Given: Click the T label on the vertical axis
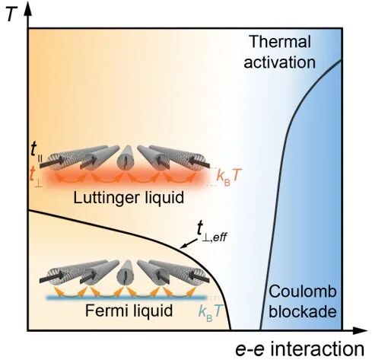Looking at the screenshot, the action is pos(12,14).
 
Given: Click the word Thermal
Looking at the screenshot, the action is pos(280,42).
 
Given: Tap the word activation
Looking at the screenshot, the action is pos(280,62).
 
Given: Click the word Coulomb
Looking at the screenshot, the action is pos(303,292).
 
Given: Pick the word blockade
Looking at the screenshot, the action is pos(303,311).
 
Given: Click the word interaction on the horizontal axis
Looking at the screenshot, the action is pos(317,349).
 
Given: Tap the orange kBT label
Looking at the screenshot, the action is pos(227,176).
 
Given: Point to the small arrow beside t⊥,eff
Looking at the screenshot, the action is pos(188,244).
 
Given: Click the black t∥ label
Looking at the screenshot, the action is pos(35,152).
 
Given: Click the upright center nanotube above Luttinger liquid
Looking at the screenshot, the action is pos(125,158).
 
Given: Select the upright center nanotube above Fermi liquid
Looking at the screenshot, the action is pos(125,273).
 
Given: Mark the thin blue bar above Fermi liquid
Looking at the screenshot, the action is pos(127,298).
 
